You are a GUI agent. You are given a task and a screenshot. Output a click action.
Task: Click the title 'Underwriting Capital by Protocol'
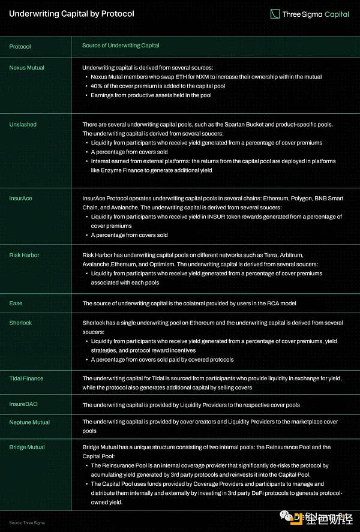(x=71, y=13)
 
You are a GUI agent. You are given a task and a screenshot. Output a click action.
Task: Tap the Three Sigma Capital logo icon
(x=275, y=13)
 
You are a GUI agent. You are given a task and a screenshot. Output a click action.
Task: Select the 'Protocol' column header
(x=20, y=46)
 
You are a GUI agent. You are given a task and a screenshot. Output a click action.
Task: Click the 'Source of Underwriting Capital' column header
(x=121, y=46)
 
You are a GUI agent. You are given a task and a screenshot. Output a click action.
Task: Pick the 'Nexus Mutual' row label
(x=27, y=68)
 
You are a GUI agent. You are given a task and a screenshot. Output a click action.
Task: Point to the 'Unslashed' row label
(x=23, y=124)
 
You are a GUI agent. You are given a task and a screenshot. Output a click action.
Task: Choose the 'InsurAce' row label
(x=21, y=198)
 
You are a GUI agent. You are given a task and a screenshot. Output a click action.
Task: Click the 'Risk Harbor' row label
(x=25, y=255)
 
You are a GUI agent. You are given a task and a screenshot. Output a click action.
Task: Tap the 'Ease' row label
(x=16, y=303)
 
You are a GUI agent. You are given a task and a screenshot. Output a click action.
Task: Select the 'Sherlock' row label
(x=20, y=323)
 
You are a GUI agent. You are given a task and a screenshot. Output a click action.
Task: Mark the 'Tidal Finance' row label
(x=26, y=378)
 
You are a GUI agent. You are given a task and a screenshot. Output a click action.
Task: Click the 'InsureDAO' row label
(x=23, y=404)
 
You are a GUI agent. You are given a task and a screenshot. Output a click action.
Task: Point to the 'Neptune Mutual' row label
(x=29, y=422)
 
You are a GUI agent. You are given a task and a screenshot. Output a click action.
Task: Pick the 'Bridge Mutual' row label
(x=27, y=447)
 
